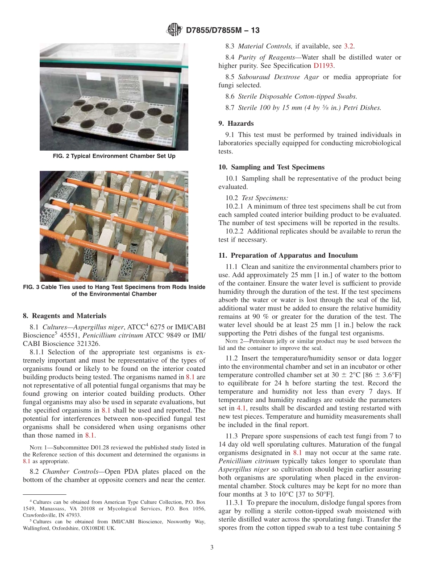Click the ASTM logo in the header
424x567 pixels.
tap(174, 30)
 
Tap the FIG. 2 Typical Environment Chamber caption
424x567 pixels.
tap(114, 156)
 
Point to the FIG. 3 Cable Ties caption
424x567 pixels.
tap(114, 290)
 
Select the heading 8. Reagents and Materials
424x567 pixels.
tap(64, 316)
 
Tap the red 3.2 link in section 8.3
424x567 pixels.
tap(349, 46)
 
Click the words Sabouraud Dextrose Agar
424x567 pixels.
tap(279, 77)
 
